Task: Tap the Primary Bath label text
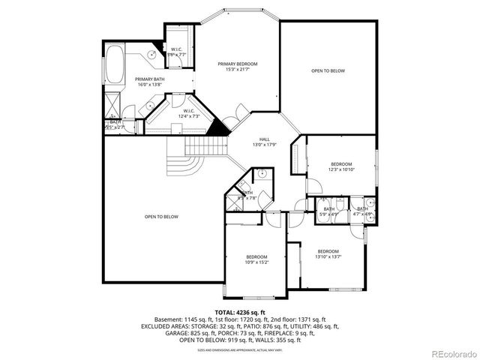click(150, 79)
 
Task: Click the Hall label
click(264, 139)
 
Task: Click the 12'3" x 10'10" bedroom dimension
click(341, 169)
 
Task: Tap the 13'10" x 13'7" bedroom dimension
click(328, 256)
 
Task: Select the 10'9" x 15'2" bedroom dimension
click(256, 262)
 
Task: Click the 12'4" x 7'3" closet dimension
click(188, 116)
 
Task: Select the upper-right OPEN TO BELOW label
click(328, 70)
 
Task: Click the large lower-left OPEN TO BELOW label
click(161, 217)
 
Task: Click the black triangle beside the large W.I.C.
click(218, 128)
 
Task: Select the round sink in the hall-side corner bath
click(262, 174)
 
